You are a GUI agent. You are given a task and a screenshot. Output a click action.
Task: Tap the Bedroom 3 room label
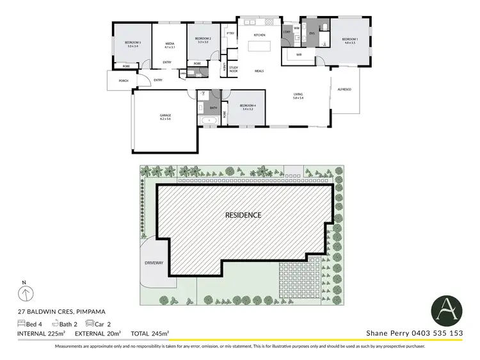point(133,44)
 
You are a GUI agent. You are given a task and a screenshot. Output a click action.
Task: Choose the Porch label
point(123,80)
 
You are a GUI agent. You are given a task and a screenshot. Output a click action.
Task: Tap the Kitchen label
point(259,35)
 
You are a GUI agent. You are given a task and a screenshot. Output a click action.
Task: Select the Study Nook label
point(234,69)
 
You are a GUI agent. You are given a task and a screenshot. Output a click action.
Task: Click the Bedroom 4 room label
point(247,106)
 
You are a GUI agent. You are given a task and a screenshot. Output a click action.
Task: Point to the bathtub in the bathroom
point(209,120)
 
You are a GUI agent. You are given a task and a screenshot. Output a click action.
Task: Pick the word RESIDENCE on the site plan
point(243,215)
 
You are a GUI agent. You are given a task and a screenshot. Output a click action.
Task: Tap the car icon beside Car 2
point(90,324)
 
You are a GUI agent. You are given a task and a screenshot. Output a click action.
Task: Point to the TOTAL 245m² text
point(150,334)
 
